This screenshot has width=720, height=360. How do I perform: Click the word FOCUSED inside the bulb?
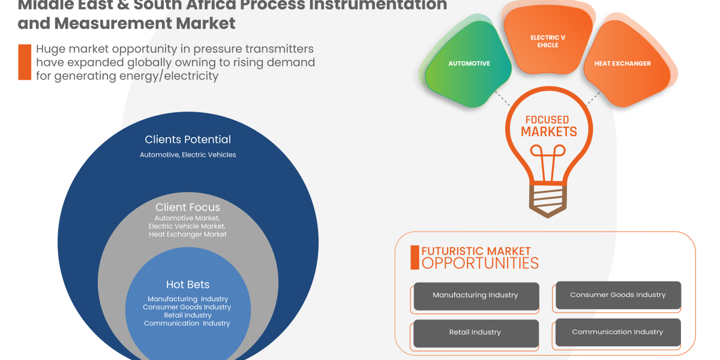pos(547,120)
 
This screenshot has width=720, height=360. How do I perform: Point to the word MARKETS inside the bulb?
pos(548,132)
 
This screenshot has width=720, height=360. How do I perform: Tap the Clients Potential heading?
pos(188,140)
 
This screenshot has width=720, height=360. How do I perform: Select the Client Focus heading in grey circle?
pos(188,208)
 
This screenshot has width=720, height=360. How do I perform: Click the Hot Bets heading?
pos(188,284)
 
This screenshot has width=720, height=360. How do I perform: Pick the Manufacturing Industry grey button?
pos(475,296)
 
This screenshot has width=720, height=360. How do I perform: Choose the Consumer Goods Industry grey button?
pos(618,295)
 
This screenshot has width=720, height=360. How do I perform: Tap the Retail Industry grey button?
pos(475,332)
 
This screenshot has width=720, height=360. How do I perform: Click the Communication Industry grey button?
pos(618,332)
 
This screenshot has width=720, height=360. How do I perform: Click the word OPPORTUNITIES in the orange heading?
pos(480,263)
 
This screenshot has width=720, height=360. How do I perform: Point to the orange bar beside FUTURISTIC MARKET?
pos(414,257)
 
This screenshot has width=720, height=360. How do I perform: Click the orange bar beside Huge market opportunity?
pos(24,62)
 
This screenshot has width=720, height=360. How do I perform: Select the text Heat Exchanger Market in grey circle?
pos(188,235)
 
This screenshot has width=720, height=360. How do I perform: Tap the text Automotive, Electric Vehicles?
pos(188,155)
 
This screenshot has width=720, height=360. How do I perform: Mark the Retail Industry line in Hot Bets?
pos(188,315)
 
